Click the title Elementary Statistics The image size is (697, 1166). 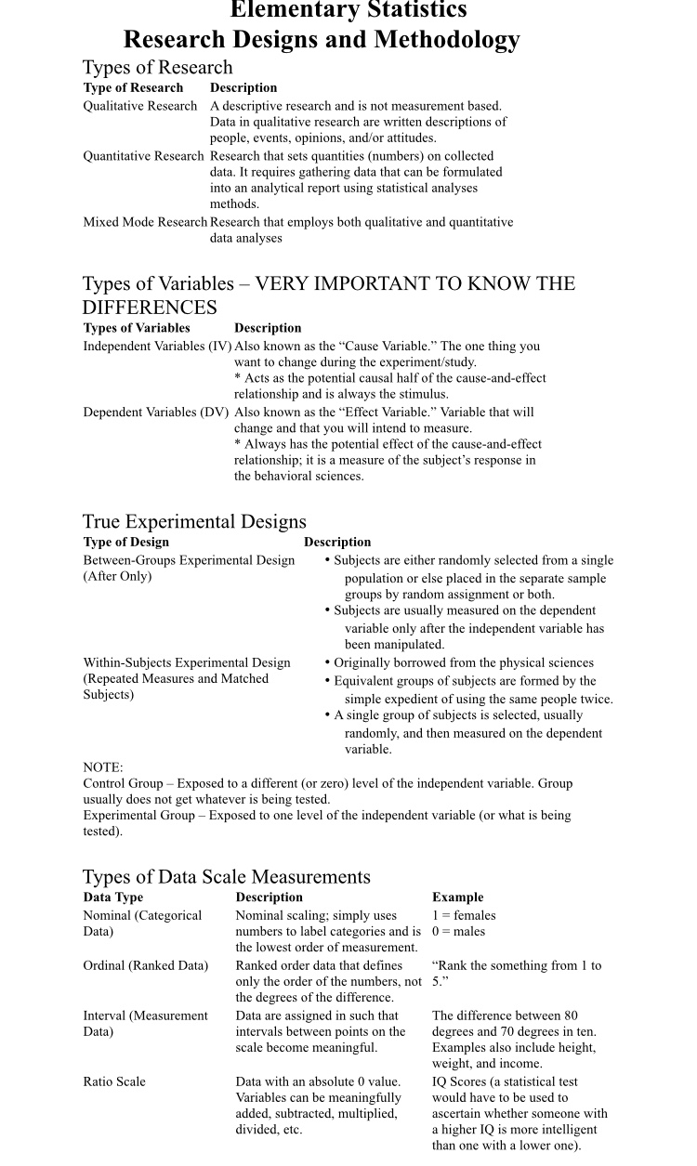point(348,11)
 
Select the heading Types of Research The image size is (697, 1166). point(157,68)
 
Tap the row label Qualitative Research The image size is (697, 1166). point(140,106)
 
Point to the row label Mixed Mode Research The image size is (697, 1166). point(145,222)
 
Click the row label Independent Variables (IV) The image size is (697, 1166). point(157,347)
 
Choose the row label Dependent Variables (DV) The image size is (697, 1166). point(156,413)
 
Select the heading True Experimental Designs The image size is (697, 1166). point(194,521)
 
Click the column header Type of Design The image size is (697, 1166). point(126,543)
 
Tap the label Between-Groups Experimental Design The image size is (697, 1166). point(189,560)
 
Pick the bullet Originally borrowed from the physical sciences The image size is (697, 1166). point(463,663)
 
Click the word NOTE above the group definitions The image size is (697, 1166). point(102,767)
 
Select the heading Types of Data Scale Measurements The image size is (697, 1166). point(226,877)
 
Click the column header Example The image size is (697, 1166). point(457,897)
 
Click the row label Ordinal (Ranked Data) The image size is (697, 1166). point(146,966)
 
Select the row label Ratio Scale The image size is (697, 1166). point(114,1082)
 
